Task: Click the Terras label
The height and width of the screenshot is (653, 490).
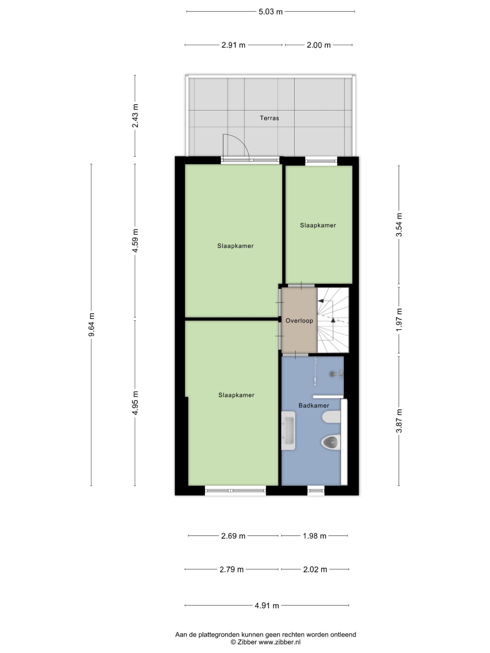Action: click(x=269, y=118)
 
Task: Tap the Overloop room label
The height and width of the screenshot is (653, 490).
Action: click(x=299, y=321)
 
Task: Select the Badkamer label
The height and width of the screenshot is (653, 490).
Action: click(x=314, y=406)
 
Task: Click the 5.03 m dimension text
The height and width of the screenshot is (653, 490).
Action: click(x=271, y=12)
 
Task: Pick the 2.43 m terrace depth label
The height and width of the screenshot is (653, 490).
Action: click(x=135, y=116)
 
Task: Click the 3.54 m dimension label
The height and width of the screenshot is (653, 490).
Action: click(x=399, y=225)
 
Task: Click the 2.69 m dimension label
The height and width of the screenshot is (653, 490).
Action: click(x=233, y=536)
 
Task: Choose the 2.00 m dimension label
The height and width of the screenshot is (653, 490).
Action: click(x=318, y=45)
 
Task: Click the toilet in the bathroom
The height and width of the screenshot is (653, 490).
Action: click(x=331, y=442)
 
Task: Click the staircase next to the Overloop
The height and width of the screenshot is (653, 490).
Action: click(x=333, y=320)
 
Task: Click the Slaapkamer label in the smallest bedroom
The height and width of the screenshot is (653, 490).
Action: click(x=318, y=225)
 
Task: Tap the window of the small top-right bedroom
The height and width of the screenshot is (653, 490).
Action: click(x=321, y=161)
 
